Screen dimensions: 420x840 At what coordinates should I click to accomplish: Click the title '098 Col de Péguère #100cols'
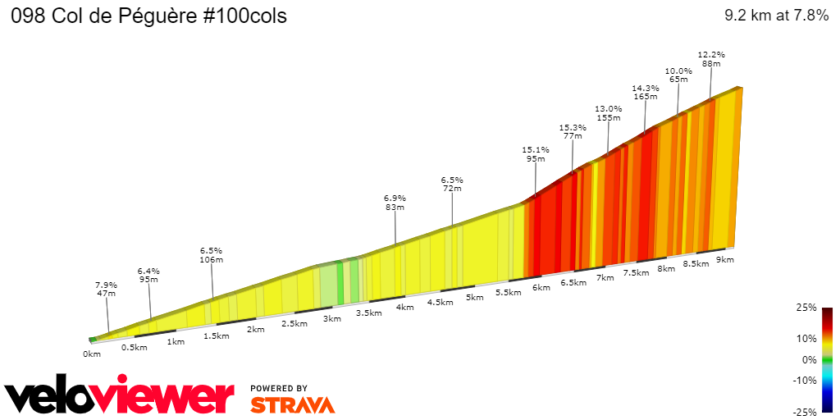click(x=148, y=16)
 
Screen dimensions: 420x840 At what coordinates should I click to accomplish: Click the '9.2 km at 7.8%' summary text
click(x=776, y=16)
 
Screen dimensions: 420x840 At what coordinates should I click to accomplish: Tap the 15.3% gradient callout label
click(x=573, y=131)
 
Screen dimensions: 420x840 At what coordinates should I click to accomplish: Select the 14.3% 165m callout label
click(x=646, y=92)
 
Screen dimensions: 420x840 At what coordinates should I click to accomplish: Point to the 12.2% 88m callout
click(x=711, y=59)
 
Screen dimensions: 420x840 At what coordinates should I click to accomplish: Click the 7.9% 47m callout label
click(x=107, y=289)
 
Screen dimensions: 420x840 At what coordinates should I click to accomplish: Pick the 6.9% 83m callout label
click(x=395, y=203)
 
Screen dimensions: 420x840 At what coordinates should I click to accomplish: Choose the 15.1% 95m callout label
click(x=536, y=154)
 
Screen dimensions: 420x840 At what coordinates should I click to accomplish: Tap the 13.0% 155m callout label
click(x=608, y=113)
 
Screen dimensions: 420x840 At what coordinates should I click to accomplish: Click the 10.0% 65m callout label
click(x=678, y=75)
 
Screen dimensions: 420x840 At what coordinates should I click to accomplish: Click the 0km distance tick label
click(x=91, y=354)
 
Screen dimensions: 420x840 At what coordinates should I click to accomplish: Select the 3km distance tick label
click(x=332, y=318)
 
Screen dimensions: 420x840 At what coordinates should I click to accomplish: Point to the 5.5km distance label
click(x=509, y=292)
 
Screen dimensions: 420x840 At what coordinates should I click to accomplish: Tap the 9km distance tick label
click(x=724, y=259)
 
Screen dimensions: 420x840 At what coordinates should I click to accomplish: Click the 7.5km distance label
click(x=636, y=272)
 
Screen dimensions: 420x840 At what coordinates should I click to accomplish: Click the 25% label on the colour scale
click(x=807, y=308)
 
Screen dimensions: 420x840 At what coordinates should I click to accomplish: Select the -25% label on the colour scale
click(x=806, y=412)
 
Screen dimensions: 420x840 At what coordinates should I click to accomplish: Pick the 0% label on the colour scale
click(x=810, y=359)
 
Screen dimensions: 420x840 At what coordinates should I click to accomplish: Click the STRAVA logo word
click(x=292, y=404)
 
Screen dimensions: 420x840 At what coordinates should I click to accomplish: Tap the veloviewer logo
click(x=119, y=398)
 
